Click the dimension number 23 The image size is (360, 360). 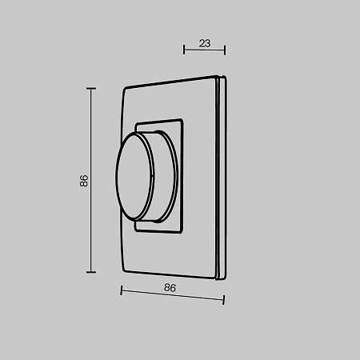(204, 44)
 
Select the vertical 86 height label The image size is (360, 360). (84, 180)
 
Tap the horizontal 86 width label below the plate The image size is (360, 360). (169, 286)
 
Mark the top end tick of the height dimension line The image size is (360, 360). (90, 88)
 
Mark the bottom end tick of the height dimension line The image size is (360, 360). (90, 272)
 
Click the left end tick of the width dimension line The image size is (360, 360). (121, 290)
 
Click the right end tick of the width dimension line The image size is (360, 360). (224, 300)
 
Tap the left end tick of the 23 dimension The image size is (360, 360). (184, 50)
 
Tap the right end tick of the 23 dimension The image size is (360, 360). (225, 50)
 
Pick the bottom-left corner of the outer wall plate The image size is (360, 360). (121, 271)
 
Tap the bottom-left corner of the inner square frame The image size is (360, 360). (137, 230)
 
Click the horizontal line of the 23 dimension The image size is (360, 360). (204, 51)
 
